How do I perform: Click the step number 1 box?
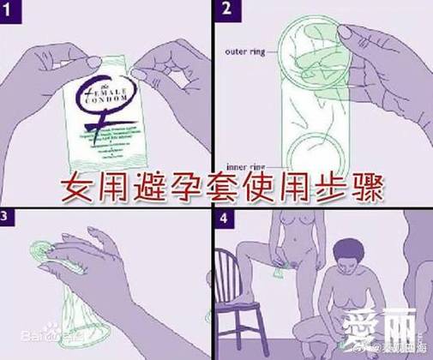pyautogui.click(x=10, y=10)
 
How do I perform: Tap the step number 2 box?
pyautogui.click(x=226, y=10)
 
